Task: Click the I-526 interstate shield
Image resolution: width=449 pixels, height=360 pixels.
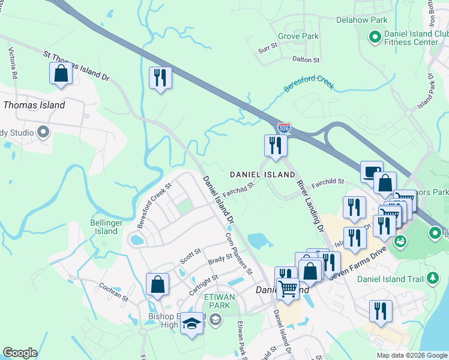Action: point(285,128)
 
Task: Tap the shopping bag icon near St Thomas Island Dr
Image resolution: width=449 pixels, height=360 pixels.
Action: point(61,74)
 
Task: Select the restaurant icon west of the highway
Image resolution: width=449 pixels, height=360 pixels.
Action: point(160,79)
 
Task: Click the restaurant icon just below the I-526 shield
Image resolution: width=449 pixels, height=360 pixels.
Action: point(276,146)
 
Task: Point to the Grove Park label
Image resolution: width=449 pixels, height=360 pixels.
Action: point(302,36)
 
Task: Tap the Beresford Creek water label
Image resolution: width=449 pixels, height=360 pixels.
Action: point(309,84)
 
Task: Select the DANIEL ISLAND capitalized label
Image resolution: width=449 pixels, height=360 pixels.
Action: point(263,175)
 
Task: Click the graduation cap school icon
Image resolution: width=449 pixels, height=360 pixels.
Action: point(192,324)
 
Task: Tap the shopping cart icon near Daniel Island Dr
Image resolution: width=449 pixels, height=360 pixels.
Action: point(288,290)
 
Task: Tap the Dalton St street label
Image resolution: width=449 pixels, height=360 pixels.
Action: point(306,60)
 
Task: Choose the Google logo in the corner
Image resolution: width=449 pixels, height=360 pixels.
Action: point(20,353)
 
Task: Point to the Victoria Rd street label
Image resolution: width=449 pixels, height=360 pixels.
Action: point(13,64)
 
